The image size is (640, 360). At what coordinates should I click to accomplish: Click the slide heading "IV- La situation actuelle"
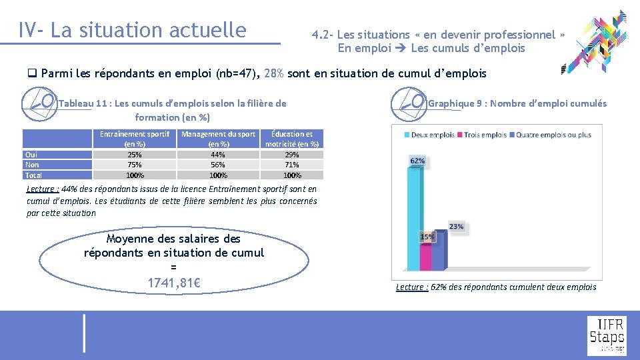pyautogui.click(x=133, y=30)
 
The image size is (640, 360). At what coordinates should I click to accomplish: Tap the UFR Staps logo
pyautogui.click(x=606, y=336)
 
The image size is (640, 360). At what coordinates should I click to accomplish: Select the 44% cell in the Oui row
pyautogui.click(x=218, y=155)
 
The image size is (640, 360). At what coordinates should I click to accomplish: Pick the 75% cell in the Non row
pyautogui.click(x=134, y=165)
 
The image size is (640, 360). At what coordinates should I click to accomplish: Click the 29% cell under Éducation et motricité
pyautogui.click(x=291, y=155)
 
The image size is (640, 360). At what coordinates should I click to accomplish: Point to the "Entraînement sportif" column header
pyautogui.click(x=134, y=139)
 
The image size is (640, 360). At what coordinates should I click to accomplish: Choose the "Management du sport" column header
pyautogui.click(x=218, y=139)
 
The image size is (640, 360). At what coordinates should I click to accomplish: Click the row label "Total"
pyautogui.click(x=33, y=175)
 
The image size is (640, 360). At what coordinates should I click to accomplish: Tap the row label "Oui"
pyautogui.click(x=31, y=155)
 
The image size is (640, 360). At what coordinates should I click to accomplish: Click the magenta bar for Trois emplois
pyautogui.click(x=426, y=256)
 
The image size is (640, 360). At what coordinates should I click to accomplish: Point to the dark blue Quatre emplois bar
pyautogui.click(x=438, y=250)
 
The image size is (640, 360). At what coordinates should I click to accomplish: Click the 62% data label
pyautogui.click(x=417, y=161)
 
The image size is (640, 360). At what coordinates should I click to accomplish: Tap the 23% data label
pyautogui.click(x=456, y=227)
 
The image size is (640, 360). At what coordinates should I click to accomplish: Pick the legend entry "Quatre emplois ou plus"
pyautogui.click(x=553, y=135)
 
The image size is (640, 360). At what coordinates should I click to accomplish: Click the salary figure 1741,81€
pyautogui.click(x=174, y=283)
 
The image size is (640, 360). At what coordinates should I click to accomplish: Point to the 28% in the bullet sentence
pyautogui.click(x=274, y=73)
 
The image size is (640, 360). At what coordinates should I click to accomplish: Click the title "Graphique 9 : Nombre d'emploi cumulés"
pyautogui.click(x=517, y=103)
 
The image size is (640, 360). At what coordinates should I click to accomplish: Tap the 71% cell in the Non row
pyautogui.click(x=291, y=165)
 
